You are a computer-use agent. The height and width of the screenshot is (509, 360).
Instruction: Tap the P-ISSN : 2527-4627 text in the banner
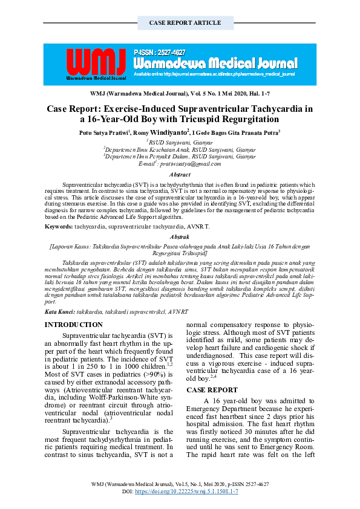click(x=160, y=53)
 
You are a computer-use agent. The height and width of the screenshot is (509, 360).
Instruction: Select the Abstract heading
click(x=180, y=174)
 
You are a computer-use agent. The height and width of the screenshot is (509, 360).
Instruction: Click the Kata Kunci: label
click(x=60, y=311)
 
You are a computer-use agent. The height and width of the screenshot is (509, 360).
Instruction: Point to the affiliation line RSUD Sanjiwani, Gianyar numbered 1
click(x=180, y=142)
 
